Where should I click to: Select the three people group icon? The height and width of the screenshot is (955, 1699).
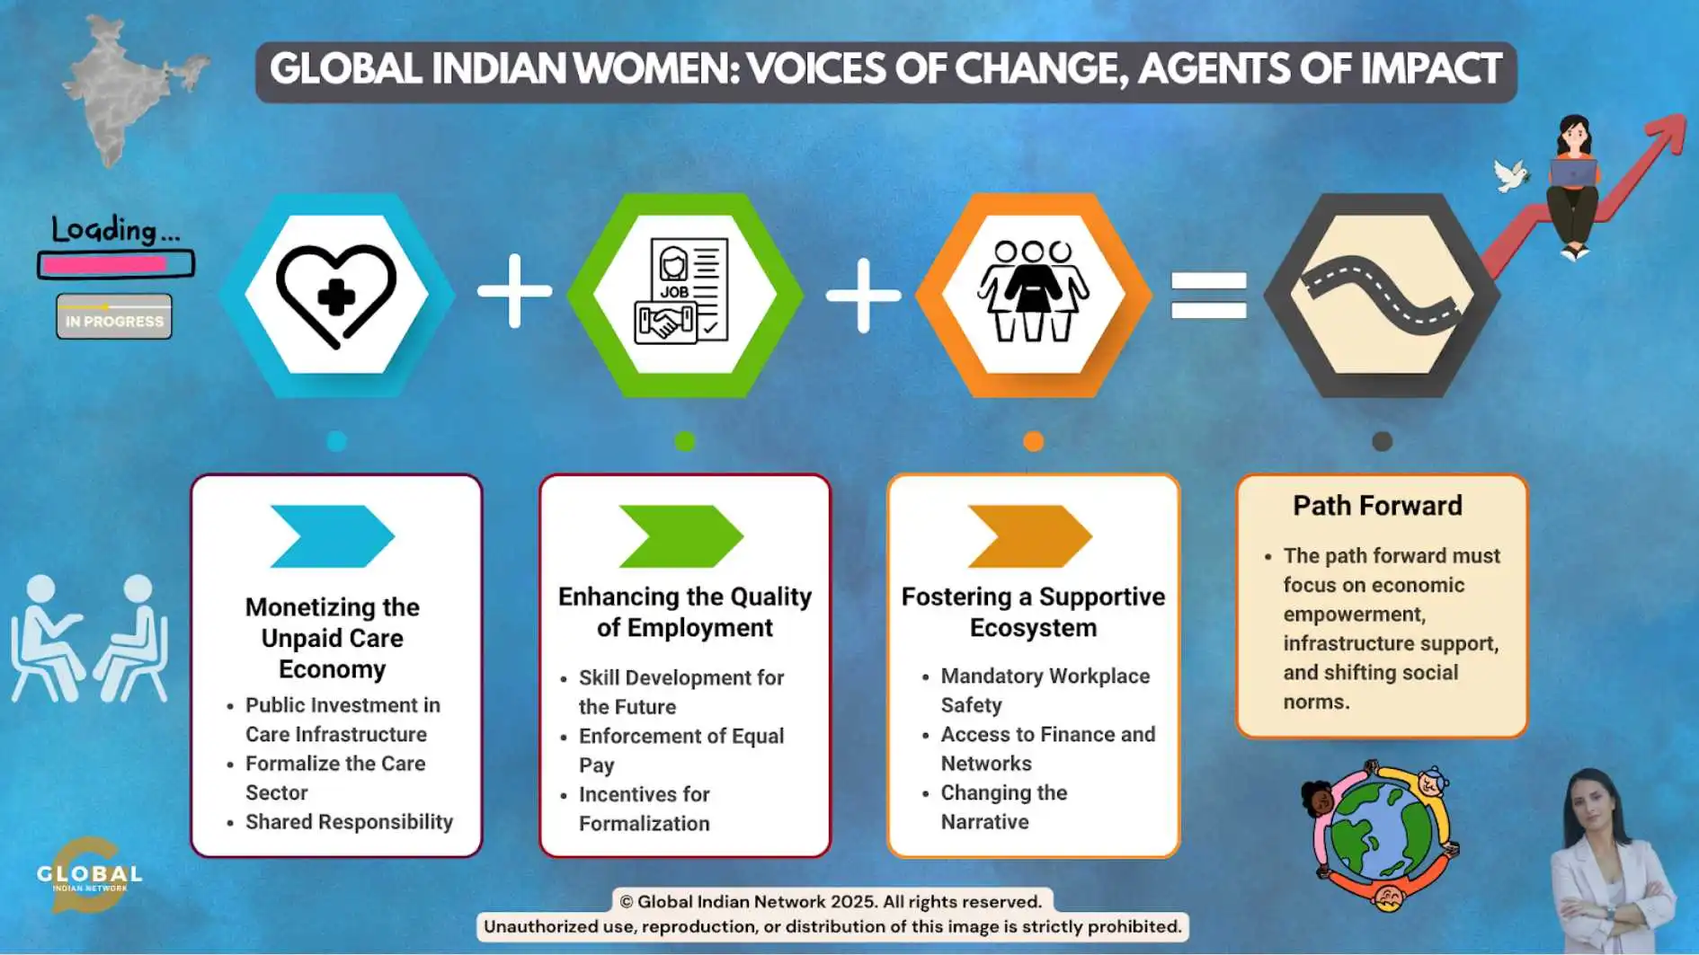(x=1033, y=290)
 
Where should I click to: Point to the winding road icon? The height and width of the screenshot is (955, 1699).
(x=1383, y=292)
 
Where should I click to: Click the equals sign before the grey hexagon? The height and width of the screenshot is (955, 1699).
(x=1208, y=295)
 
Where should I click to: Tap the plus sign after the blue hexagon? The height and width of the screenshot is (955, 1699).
(x=514, y=290)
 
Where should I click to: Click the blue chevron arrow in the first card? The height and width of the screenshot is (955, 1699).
(x=333, y=536)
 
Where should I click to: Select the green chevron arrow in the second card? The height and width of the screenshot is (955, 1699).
(x=681, y=536)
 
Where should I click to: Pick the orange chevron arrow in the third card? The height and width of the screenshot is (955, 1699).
(x=1030, y=536)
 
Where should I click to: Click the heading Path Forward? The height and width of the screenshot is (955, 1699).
(x=1377, y=506)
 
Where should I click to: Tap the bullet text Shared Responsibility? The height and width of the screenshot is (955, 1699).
(x=349, y=822)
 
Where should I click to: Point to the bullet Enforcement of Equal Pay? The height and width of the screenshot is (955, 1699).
(x=681, y=750)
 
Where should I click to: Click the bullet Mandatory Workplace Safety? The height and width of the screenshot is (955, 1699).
(x=1045, y=690)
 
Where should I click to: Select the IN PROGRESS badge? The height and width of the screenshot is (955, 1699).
(x=114, y=317)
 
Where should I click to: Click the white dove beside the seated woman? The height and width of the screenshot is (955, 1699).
(x=1511, y=174)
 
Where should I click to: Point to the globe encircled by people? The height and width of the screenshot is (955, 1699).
(x=1382, y=836)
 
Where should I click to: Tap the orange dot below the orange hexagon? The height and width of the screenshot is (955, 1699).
(x=1033, y=441)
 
